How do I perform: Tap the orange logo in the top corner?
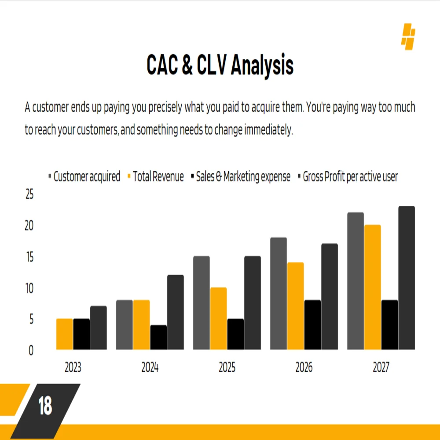point(408,37)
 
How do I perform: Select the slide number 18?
point(45,406)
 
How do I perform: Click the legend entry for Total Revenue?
point(158,177)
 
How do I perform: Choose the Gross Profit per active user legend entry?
point(350,177)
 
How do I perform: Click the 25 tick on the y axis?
point(29,194)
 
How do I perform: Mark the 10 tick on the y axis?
point(29,288)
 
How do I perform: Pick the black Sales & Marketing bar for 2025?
point(235,334)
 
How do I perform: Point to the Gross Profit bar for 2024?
point(176,312)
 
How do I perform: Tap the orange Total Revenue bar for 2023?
point(65,334)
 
